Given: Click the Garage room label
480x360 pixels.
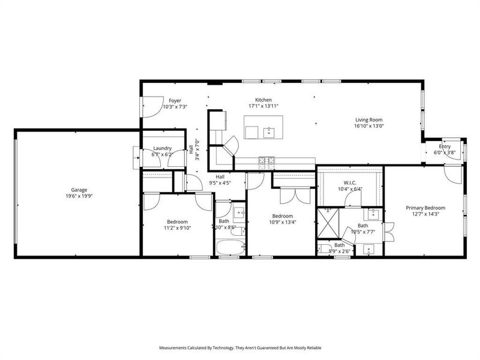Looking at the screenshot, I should point(76,190).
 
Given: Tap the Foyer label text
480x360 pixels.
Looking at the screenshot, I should point(175,101).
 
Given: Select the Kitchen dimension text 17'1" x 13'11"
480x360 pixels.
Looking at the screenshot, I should point(263,106).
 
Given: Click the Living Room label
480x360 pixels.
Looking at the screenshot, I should point(368,119).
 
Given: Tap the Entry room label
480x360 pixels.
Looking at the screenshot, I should point(445,146).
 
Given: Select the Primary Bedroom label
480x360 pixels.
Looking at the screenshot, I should point(428,207).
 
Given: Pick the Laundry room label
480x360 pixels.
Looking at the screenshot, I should point(163,148).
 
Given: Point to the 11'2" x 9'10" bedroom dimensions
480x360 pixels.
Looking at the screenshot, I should point(177,228).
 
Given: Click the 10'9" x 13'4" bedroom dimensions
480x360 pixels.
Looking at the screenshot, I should point(282,223).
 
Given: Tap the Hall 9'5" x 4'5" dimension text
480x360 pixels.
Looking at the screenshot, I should point(220,183).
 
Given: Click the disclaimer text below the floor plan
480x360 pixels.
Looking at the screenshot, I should point(239,347).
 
